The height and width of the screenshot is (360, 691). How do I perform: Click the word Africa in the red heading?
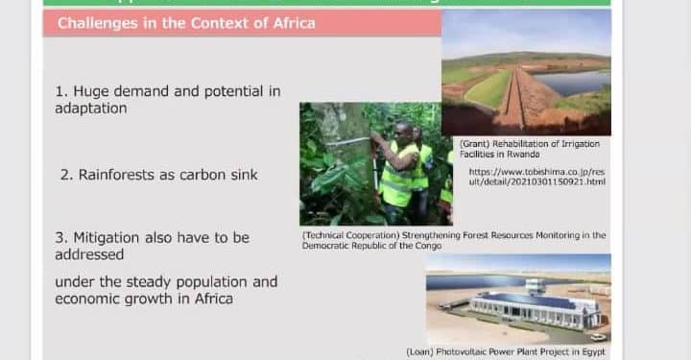(290, 23)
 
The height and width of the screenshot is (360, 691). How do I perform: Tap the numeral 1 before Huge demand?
(60, 92)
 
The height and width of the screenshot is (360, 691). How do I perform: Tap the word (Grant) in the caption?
(461, 143)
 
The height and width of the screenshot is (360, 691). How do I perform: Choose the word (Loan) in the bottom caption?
(421, 352)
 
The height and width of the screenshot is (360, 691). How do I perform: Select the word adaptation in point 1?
(91, 108)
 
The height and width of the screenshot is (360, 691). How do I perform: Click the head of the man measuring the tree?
(404, 131)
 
